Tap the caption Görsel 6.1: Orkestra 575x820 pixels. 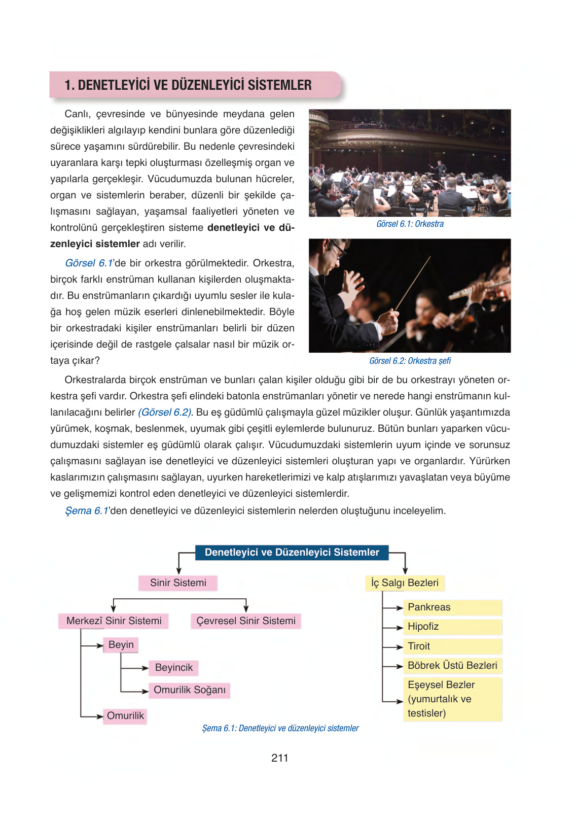click(410, 224)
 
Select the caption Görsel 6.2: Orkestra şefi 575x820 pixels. click(410, 361)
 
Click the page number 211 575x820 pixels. click(279, 758)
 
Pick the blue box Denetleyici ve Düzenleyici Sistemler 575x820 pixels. click(292, 552)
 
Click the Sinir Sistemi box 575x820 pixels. click(178, 583)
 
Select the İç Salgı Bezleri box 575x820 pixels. click(405, 583)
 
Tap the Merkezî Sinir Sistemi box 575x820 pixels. click(114, 621)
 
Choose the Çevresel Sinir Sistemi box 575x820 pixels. click(246, 621)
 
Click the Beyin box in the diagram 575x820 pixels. click(121, 644)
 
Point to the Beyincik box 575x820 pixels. click(174, 667)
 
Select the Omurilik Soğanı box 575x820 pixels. click(190, 690)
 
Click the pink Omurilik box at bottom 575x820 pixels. click(125, 715)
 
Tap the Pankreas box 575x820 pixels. click(452, 607)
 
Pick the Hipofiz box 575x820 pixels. click(452, 626)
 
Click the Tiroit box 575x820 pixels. click(452, 646)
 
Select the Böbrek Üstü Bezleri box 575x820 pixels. click(452, 665)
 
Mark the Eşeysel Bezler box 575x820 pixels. click(452, 699)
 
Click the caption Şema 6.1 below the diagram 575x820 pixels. click(280, 728)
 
